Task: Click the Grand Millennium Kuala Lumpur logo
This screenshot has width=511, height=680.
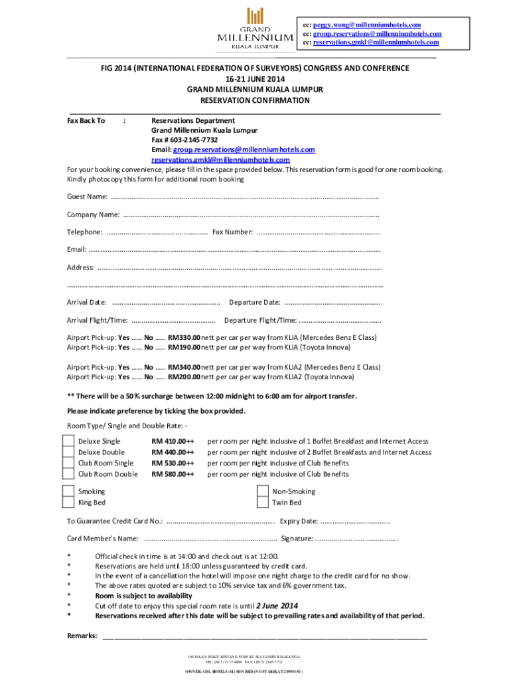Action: (256, 28)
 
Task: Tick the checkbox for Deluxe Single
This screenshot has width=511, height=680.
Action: (68, 442)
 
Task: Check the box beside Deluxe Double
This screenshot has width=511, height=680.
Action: (68, 452)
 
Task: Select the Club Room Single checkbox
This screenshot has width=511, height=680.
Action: (68, 463)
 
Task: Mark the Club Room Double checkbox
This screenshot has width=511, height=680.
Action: (68, 473)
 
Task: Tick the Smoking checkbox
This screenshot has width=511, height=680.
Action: (68, 491)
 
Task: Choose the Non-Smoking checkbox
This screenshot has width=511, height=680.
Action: (263, 491)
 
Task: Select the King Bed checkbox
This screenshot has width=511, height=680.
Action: (68, 503)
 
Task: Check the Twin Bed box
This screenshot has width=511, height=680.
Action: (263, 503)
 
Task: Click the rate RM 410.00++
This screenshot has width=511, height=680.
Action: (173, 442)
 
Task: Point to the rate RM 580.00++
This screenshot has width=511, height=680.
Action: (173, 474)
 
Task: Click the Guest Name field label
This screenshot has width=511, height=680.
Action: (87, 197)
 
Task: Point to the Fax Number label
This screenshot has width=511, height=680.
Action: (232, 232)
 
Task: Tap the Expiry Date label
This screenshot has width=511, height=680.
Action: (299, 521)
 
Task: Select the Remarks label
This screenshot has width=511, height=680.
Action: (82, 636)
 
